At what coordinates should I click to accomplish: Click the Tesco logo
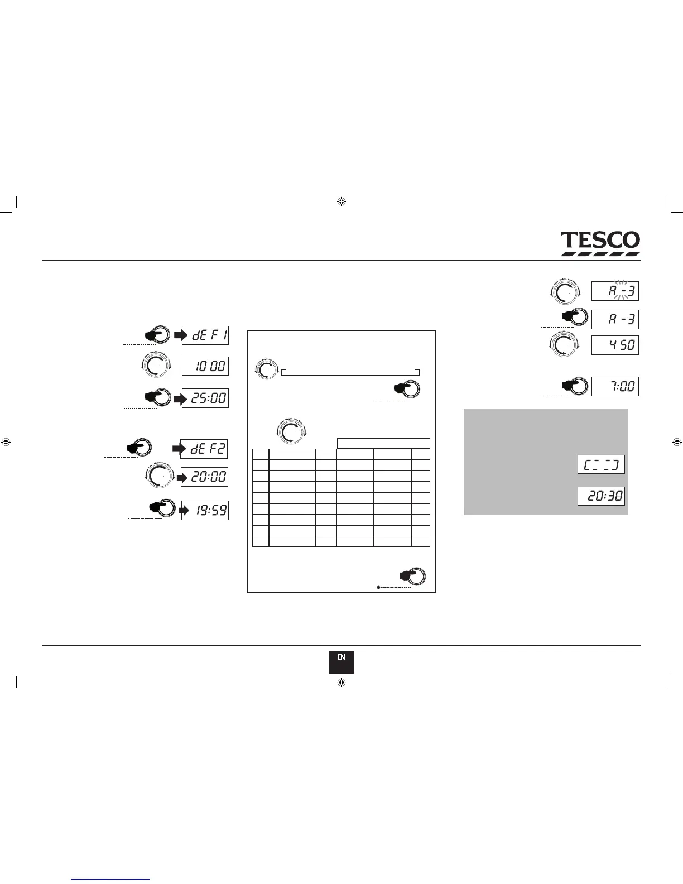pyautogui.click(x=600, y=243)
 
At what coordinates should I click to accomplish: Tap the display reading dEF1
pyautogui.click(x=205, y=335)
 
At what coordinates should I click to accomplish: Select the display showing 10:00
pyautogui.click(x=205, y=366)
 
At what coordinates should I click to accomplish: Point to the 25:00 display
pyautogui.click(x=205, y=398)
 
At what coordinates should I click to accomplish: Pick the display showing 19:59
pyautogui.click(x=205, y=511)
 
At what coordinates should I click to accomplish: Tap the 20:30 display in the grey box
pyautogui.click(x=601, y=496)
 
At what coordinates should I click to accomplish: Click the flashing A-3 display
pyautogui.click(x=615, y=291)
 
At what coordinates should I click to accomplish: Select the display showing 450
pyautogui.click(x=615, y=345)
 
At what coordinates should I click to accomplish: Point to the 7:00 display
pyautogui.click(x=615, y=386)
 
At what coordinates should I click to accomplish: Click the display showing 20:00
pyautogui.click(x=204, y=477)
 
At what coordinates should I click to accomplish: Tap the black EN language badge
pyautogui.click(x=341, y=662)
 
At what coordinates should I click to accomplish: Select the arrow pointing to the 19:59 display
pyautogui.click(x=184, y=511)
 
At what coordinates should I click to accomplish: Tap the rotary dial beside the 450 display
pyautogui.click(x=565, y=345)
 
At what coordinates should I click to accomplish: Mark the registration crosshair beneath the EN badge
pyautogui.click(x=342, y=683)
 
